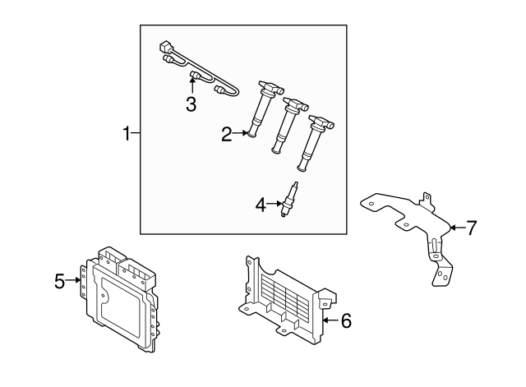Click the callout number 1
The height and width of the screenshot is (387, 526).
(x=127, y=133)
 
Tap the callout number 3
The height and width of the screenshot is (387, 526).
(x=191, y=104)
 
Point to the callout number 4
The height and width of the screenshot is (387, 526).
(x=261, y=205)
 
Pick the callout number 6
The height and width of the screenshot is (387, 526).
(x=345, y=321)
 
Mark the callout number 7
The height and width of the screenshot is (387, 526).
(x=471, y=228)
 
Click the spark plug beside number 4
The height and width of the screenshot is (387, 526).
(x=289, y=201)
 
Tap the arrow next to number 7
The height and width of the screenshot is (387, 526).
(x=454, y=228)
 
